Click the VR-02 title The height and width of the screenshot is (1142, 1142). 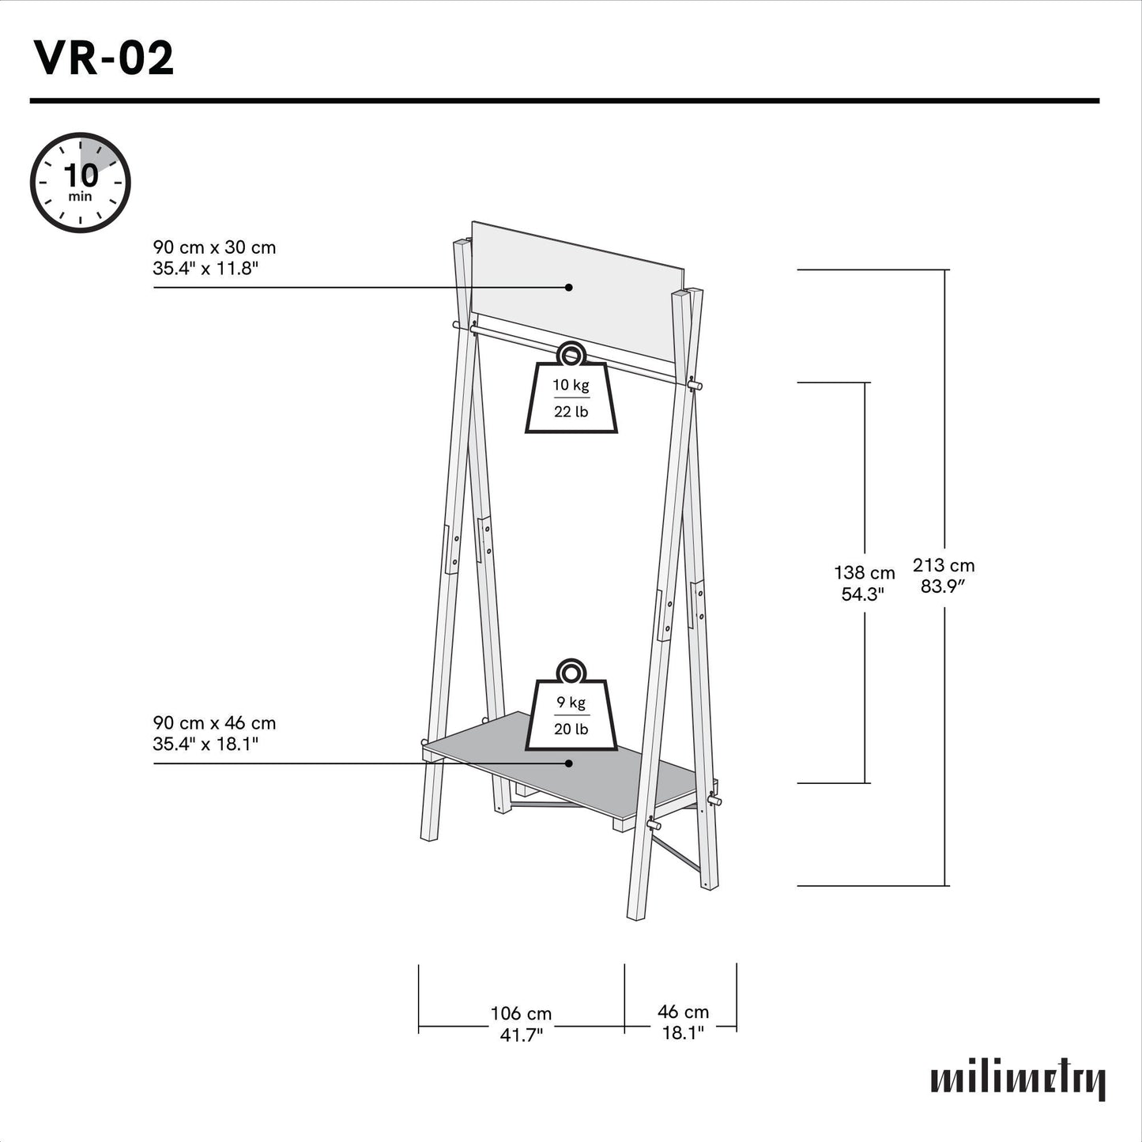[104, 58]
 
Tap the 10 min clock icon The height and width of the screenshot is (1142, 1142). [80, 183]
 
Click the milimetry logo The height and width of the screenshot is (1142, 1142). [1018, 1080]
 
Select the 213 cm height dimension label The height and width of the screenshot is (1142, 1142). [944, 566]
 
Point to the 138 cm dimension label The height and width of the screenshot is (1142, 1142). [865, 573]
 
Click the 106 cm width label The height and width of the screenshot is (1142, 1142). [521, 1013]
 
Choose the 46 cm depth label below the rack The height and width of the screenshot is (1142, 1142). [683, 1012]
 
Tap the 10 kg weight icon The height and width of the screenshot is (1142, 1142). [571, 398]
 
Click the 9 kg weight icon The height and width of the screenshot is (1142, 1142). [571, 714]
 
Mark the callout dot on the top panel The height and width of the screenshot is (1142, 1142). [569, 288]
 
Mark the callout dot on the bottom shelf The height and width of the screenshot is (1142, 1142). [569, 763]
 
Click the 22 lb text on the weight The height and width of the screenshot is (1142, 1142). [571, 412]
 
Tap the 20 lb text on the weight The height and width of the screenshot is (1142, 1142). [571, 729]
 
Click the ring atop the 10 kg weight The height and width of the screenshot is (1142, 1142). [571, 355]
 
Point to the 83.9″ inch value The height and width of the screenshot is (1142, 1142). [944, 586]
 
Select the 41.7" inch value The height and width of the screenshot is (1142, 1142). [521, 1035]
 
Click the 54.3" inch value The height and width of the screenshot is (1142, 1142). [862, 594]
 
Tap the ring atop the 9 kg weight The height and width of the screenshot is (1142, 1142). [571, 673]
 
